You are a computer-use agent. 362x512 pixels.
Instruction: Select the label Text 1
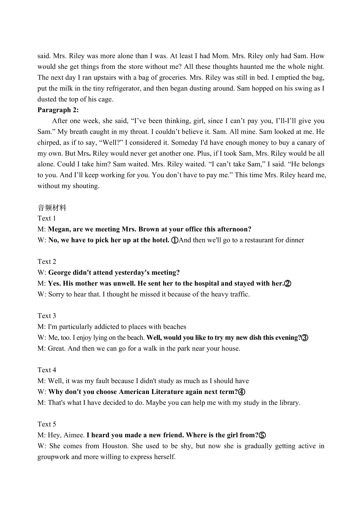(x=47, y=218)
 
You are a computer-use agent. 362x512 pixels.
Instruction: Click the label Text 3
(x=47, y=316)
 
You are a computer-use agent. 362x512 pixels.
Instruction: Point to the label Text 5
(x=47, y=424)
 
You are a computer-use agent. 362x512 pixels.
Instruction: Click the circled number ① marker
(x=175, y=240)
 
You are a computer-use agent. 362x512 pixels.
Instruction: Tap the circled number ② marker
(x=287, y=283)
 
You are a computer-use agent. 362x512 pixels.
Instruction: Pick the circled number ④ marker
(x=242, y=392)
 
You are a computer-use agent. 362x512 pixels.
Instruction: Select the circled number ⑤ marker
(x=262, y=435)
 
